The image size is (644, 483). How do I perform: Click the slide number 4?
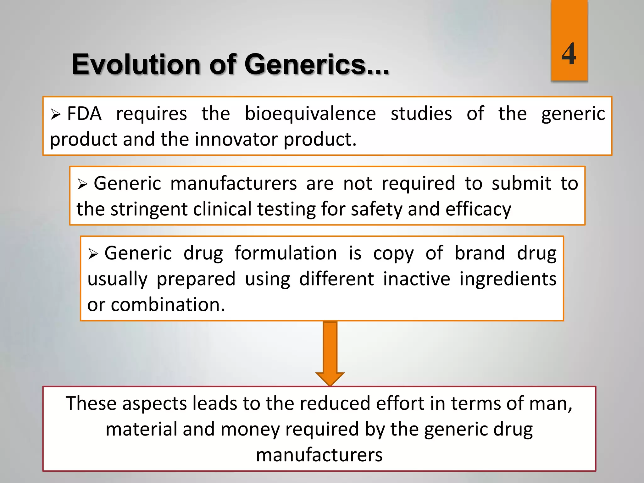point(569,54)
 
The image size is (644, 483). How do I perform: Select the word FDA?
point(84,114)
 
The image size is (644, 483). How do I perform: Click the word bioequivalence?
point(310,114)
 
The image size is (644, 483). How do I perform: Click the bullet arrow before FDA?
point(55,114)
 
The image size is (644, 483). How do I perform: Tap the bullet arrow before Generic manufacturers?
point(82,184)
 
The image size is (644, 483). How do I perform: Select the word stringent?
point(149,209)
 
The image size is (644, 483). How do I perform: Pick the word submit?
point(521,183)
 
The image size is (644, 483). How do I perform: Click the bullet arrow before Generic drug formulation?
point(93,254)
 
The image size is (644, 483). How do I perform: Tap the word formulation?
point(286,253)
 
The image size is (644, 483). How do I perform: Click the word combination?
point(168,305)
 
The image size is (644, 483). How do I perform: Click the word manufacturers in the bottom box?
point(319,455)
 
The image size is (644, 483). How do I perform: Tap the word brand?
point(480,253)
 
